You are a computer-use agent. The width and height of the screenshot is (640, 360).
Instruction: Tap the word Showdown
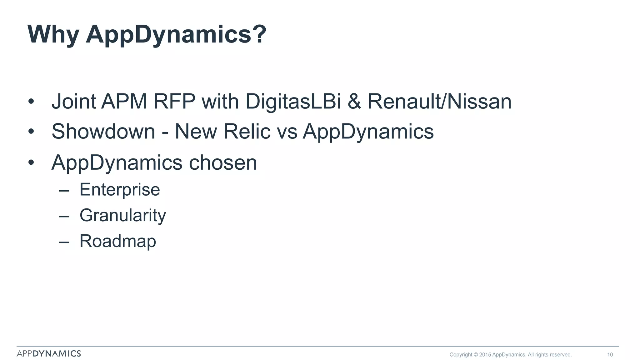pyautogui.click(x=103, y=131)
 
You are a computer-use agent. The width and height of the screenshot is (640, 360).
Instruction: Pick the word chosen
pyautogui.click(x=223, y=162)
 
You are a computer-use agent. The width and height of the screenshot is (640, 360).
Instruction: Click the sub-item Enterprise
pyautogui.click(x=120, y=190)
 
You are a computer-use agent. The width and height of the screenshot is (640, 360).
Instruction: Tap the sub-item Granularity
pyautogui.click(x=122, y=216)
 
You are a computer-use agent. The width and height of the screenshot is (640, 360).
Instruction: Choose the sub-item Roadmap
pyautogui.click(x=117, y=241)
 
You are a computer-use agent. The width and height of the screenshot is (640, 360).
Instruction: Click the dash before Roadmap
pyautogui.click(x=64, y=242)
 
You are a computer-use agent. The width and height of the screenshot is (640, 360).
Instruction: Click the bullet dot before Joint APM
pyautogui.click(x=31, y=102)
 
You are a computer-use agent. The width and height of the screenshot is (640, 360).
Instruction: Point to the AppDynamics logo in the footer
pyautogui.click(x=49, y=353)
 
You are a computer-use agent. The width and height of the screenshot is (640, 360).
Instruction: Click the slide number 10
pyautogui.click(x=610, y=354)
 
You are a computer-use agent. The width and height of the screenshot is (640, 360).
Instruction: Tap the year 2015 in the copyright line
pyautogui.click(x=485, y=354)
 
